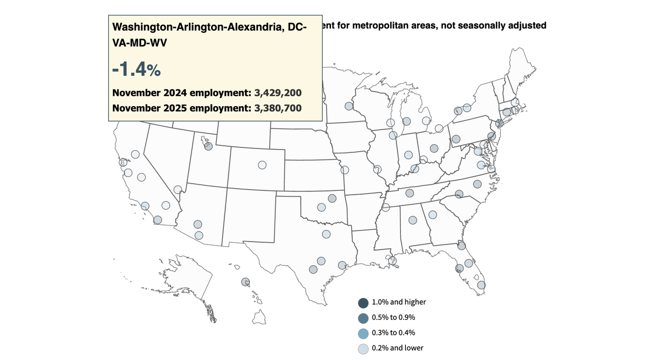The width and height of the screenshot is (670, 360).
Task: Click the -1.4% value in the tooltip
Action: (136, 69)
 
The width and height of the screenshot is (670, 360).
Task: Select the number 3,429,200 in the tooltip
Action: (277, 93)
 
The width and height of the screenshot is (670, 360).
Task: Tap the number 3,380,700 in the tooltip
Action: (277, 108)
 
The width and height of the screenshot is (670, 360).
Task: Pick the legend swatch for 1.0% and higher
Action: (363, 303)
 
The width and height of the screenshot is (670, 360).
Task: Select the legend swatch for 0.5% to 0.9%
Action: (363, 318)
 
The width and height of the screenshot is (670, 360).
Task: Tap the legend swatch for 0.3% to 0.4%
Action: (363, 333)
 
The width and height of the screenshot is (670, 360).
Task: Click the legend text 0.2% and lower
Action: (397, 348)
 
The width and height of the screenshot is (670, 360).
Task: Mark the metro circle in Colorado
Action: (262, 165)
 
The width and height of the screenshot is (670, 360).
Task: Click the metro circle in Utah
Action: (208, 147)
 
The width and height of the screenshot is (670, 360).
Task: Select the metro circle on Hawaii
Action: (245, 282)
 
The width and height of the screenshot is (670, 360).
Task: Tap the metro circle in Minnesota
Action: (349, 106)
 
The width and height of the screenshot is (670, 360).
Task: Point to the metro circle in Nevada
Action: (178, 190)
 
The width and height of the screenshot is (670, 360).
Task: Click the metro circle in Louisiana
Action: (394, 260)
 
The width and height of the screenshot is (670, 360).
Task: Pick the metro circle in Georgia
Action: (433, 214)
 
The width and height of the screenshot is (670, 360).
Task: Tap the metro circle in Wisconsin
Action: (390, 123)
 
